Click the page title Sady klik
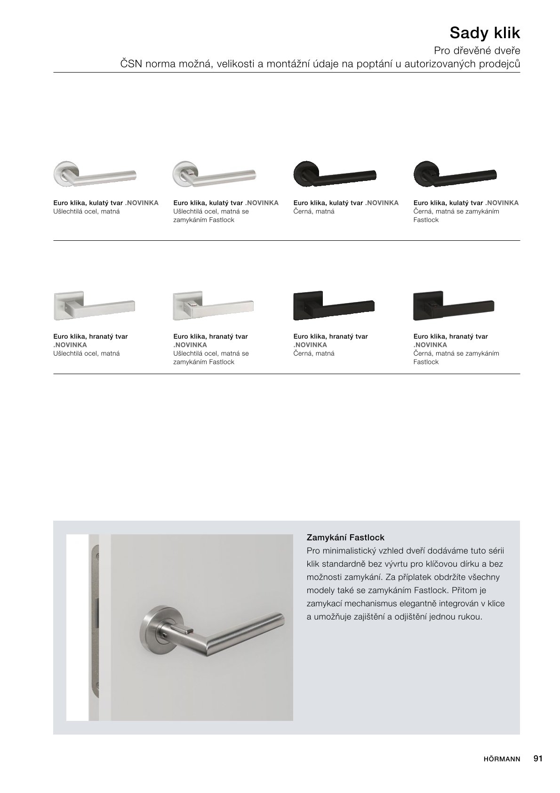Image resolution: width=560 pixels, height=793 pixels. [485, 33]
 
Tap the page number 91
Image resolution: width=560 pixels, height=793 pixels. [538, 759]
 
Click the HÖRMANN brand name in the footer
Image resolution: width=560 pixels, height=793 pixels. [502, 759]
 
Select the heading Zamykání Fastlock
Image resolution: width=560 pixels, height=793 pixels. [345, 537]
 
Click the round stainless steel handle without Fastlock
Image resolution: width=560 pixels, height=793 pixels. [95, 174]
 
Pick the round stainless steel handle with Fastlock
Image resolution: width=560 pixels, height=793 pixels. [214, 174]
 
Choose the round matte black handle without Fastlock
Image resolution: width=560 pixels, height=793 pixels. [334, 174]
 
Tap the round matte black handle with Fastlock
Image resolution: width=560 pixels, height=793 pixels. [455, 174]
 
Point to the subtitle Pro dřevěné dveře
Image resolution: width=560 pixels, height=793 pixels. [477, 50]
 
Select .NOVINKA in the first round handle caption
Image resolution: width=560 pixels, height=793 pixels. [142, 203]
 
